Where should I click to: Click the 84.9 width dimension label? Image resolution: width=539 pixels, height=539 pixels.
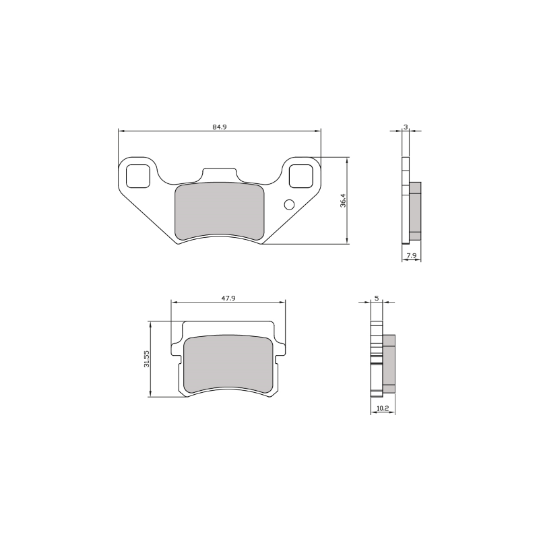(218, 127)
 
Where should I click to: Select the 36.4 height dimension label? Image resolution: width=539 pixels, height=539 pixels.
(343, 201)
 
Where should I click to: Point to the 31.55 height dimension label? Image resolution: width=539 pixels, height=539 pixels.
(146, 359)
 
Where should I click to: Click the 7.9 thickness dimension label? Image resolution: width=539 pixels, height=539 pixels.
(411, 255)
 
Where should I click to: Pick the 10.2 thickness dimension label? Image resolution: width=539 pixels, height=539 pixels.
(382, 408)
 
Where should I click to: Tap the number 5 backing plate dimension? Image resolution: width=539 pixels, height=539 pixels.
(375, 298)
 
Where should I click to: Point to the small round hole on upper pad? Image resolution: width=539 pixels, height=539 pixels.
(290, 205)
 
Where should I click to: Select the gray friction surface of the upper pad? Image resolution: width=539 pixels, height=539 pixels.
(219, 211)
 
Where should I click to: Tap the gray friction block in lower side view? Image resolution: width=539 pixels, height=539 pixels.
(389, 364)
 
